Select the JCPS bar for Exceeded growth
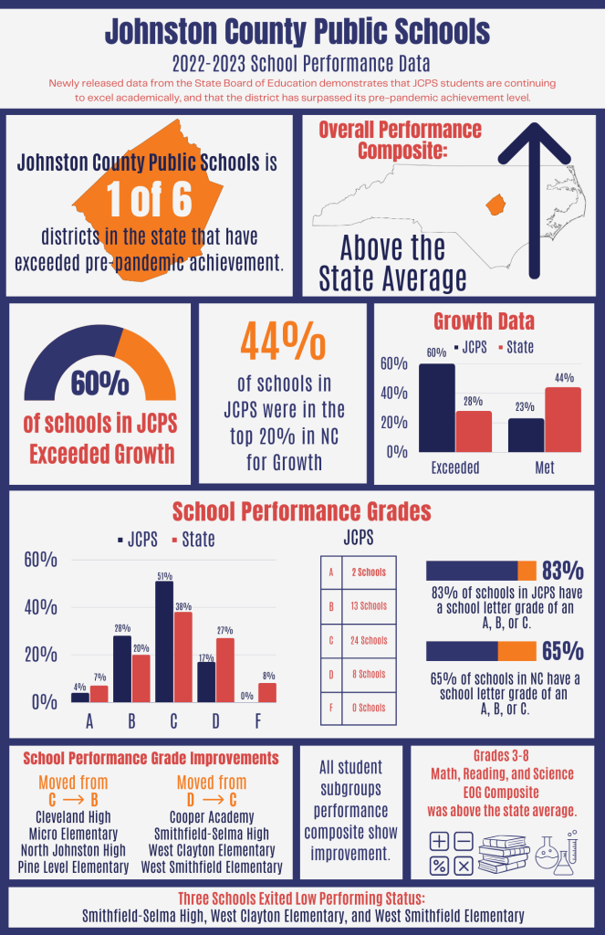click(436, 407)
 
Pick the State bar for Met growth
click(563, 419)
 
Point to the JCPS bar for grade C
click(164, 641)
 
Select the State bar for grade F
click(266, 692)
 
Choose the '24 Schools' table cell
click(368, 640)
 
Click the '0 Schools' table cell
click(368, 708)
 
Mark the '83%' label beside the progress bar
click(562, 571)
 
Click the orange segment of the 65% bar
click(516, 651)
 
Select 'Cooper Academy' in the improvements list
click(212, 817)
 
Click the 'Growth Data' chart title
click(484, 321)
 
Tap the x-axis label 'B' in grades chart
click(131, 722)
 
